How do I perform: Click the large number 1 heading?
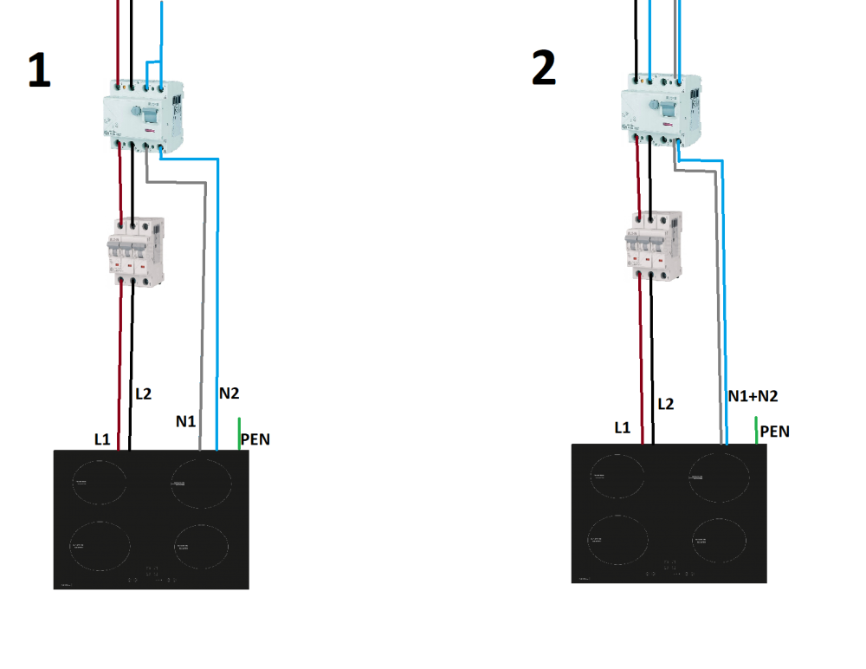click(x=39, y=70)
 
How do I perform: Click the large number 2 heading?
click(x=543, y=68)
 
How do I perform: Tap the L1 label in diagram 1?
click(x=101, y=439)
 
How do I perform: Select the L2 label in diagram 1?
click(x=144, y=393)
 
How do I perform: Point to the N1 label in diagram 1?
click(x=186, y=421)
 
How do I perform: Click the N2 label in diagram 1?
click(x=229, y=393)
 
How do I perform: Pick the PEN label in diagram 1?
click(x=255, y=439)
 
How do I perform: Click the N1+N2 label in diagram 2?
click(x=753, y=396)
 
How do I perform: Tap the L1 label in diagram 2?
click(x=622, y=427)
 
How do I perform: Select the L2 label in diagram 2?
click(x=665, y=403)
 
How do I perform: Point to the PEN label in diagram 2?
click(x=774, y=431)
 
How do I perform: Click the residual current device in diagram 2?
click(x=662, y=108)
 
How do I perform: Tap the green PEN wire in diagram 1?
click(x=239, y=433)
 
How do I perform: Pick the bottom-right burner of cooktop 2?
click(x=720, y=544)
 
